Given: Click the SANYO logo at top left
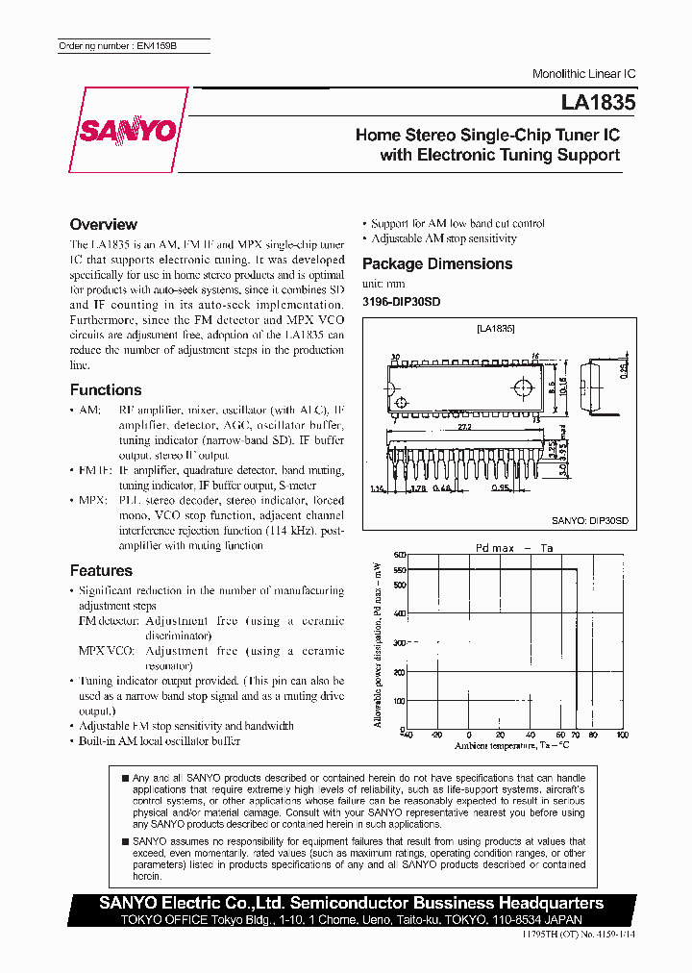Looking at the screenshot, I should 129,129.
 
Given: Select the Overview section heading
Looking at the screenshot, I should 104,225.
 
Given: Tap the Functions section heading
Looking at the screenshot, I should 106,390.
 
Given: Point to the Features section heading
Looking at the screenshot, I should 101,571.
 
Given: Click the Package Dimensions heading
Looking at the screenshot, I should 437,264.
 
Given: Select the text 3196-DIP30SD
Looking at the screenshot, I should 401,302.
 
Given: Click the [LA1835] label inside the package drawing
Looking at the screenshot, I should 496,329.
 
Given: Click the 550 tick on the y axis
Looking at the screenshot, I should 399,571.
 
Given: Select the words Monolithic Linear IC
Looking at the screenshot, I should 584,75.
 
